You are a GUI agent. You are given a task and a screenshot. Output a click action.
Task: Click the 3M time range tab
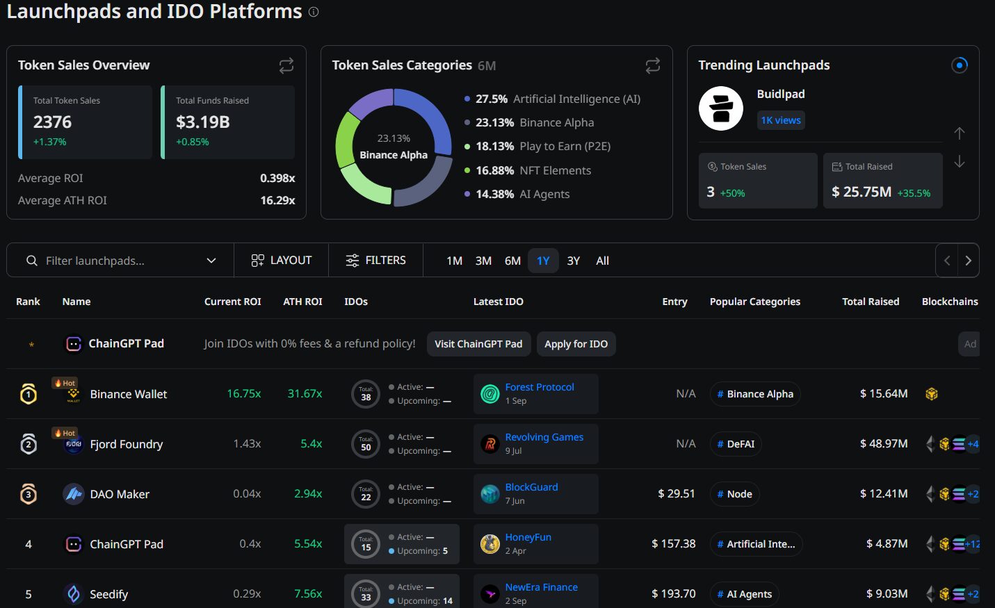coord(483,261)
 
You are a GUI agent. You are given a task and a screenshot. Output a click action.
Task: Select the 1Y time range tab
coord(543,261)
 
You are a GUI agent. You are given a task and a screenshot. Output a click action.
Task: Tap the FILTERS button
coord(375,260)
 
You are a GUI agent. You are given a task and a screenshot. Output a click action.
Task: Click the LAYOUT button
coord(282,260)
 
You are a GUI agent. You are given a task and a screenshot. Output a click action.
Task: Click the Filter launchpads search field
coord(120,261)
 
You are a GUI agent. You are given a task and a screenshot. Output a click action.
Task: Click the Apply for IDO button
coord(576,344)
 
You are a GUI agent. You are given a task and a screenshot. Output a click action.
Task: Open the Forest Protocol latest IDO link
coord(540,387)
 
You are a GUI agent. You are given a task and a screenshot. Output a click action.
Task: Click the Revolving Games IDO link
coord(544,437)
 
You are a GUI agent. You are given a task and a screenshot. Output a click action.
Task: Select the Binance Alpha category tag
coord(755,394)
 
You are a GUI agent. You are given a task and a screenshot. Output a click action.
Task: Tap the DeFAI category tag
coord(736,444)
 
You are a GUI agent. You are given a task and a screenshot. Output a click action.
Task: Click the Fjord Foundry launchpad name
coord(126,444)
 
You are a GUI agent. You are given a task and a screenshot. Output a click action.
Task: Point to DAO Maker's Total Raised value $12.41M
coord(884,493)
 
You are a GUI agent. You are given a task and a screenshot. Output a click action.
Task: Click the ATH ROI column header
coord(302,302)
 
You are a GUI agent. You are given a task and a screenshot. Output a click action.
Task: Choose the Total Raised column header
coord(871,302)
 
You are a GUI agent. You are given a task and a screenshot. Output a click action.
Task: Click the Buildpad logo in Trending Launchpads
coord(720,108)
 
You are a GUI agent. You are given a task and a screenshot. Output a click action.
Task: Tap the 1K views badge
coord(780,120)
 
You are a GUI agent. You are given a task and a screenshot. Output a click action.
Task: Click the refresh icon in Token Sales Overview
coord(286,66)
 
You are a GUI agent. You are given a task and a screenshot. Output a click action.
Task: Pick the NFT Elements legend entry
coord(528,170)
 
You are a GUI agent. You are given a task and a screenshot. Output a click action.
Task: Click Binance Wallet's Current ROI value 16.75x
coord(244,394)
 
